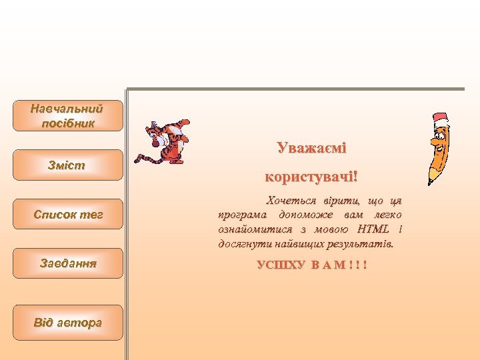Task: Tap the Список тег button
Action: pyautogui.click(x=68, y=214)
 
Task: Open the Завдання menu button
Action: pyautogui.click(x=68, y=263)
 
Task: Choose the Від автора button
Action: pyautogui.click(x=68, y=323)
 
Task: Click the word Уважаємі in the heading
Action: pyautogui.click(x=311, y=147)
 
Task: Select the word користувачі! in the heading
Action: pyautogui.click(x=311, y=177)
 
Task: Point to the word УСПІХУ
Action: pyautogui.click(x=281, y=265)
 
